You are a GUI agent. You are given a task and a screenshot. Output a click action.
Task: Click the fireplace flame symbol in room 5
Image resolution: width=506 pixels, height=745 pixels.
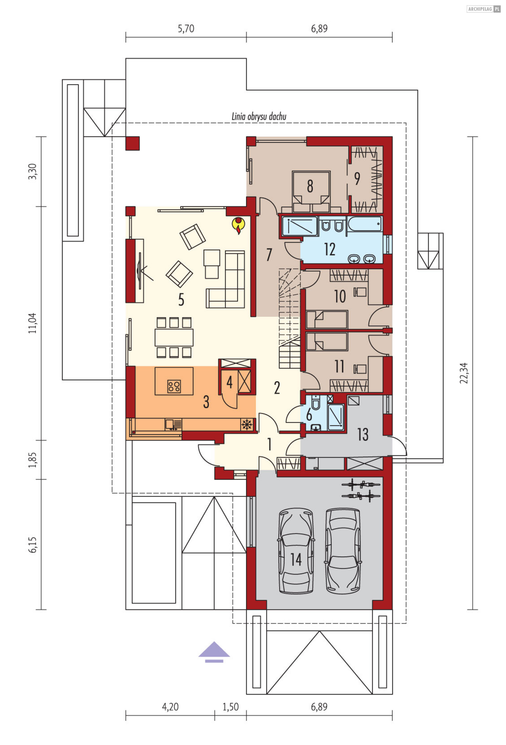point(238,225)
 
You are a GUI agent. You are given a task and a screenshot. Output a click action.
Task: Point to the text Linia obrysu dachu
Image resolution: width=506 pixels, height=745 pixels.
point(259,116)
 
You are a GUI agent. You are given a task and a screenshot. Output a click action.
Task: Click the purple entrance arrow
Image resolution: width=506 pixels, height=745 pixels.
point(214,652)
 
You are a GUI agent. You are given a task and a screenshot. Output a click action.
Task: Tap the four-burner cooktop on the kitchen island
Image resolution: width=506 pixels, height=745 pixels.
point(174,386)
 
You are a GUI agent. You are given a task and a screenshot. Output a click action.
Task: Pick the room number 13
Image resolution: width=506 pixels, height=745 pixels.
point(363,434)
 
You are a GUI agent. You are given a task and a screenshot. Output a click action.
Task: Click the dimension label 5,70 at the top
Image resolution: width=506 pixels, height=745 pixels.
point(186,28)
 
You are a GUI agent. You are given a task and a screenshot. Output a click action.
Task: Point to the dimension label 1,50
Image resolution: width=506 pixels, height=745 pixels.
point(231,707)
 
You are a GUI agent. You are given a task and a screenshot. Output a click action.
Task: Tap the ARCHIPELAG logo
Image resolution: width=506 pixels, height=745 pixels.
point(484,9)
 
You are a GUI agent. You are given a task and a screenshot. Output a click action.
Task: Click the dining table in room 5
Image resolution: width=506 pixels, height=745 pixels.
point(174,337)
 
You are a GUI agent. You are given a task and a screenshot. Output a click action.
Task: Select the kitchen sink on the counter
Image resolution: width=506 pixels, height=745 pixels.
point(173,424)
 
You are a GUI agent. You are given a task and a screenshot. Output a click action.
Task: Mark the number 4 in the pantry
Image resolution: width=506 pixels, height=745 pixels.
point(229,382)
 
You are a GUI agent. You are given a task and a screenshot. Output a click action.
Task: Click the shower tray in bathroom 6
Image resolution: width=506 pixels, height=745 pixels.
point(336,417)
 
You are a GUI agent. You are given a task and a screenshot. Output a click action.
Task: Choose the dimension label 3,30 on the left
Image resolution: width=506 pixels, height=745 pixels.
point(32,171)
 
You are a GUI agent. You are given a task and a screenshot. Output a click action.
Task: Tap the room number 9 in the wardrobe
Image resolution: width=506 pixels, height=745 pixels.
point(357,179)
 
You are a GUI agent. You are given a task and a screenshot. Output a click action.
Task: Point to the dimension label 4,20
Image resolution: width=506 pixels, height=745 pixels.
point(170,707)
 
